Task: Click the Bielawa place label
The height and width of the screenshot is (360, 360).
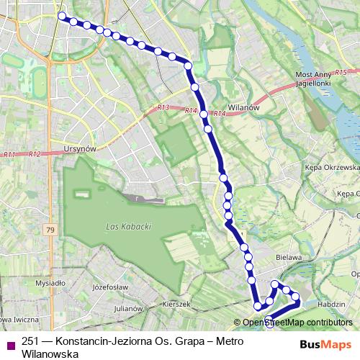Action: (x=287, y=256)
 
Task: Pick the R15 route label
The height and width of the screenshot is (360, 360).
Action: (x=341, y=72)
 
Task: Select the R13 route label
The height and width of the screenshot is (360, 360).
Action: (x=163, y=107)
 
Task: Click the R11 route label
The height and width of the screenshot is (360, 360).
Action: (x=9, y=154)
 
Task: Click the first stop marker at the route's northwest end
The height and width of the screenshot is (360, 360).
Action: (x=62, y=15)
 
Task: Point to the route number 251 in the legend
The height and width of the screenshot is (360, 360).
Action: (x=30, y=341)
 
